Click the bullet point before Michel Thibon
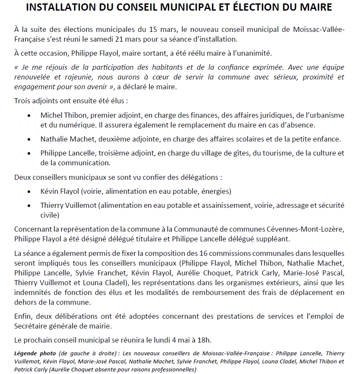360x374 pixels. tap(29, 116)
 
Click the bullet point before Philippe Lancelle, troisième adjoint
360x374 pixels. tap(29, 153)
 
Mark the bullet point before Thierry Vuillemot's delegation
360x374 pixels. tap(29, 206)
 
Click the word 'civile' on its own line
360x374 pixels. tap(49, 215)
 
